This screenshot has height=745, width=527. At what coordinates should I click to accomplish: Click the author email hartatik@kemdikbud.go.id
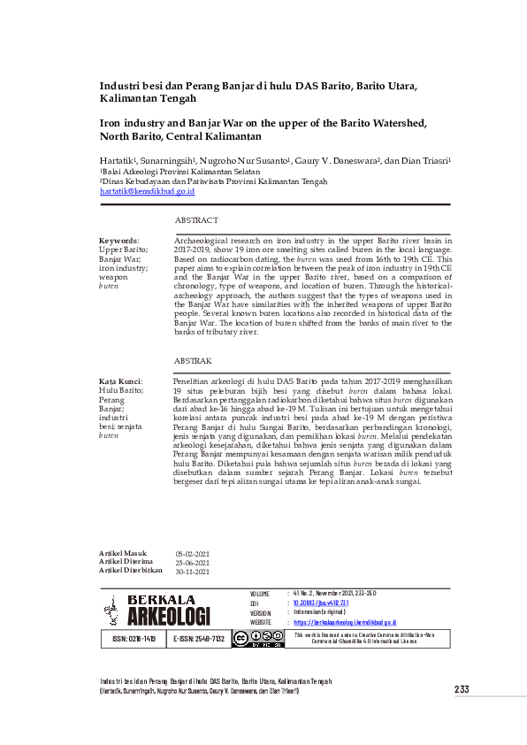point(147,190)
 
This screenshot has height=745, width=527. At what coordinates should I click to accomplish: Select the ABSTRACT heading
point(196,219)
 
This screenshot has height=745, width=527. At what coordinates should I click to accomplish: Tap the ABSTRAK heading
point(193,362)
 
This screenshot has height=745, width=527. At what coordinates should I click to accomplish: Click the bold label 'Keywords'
point(118,241)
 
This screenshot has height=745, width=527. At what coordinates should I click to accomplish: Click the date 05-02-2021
point(192,554)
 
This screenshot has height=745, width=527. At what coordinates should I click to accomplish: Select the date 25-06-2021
point(192,563)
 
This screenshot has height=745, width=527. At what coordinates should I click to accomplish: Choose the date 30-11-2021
point(192,572)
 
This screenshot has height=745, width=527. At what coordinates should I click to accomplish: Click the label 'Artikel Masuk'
point(123,554)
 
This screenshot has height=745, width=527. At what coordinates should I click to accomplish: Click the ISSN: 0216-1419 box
point(135,638)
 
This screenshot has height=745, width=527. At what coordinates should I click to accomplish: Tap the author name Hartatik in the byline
point(118,161)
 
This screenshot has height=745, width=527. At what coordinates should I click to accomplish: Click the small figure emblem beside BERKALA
point(111,609)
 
